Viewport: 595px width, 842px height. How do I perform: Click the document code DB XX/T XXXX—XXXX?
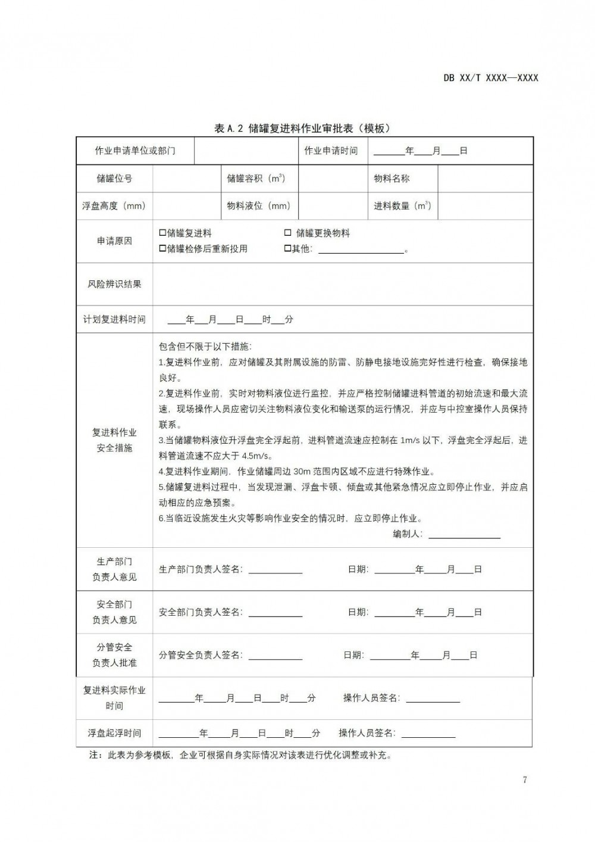click(x=490, y=78)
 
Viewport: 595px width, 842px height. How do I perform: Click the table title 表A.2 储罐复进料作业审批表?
click(x=302, y=129)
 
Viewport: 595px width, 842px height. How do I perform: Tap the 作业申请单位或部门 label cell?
click(x=135, y=151)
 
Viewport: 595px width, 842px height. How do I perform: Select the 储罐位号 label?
click(x=114, y=179)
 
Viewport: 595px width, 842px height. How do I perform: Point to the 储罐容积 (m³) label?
click(x=256, y=179)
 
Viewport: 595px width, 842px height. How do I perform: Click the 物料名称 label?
click(x=392, y=179)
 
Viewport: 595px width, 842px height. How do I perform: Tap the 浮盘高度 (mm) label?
click(x=114, y=206)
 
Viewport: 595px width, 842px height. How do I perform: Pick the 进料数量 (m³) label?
click(x=402, y=206)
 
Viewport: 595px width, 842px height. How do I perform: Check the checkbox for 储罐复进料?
click(x=162, y=233)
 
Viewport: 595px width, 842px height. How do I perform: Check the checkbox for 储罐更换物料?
click(x=288, y=233)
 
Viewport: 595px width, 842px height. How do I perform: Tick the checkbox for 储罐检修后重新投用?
click(x=162, y=249)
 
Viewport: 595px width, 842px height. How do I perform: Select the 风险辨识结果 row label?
click(x=114, y=284)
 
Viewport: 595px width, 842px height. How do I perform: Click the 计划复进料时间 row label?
click(x=114, y=320)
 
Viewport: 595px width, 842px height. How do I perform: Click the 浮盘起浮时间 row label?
click(x=114, y=733)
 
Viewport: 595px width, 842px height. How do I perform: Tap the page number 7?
click(x=524, y=780)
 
